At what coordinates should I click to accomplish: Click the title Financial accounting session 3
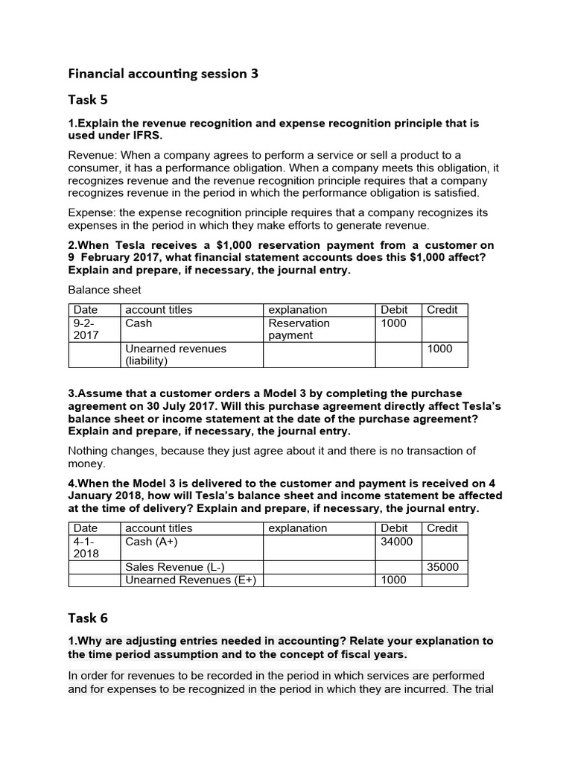click(163, 73)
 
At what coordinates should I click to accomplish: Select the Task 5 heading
click(88, 100)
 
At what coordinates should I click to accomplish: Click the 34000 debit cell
click(395, 542)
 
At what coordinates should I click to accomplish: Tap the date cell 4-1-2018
click(93, 548)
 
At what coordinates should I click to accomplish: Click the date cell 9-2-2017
click(93, 329)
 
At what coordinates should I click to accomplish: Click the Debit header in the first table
click(394, 310)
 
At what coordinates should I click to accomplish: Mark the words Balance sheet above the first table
click(104, 290)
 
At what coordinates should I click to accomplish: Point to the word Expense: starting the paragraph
click(90, 212)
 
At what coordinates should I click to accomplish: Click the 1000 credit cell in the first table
click(439, 349)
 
